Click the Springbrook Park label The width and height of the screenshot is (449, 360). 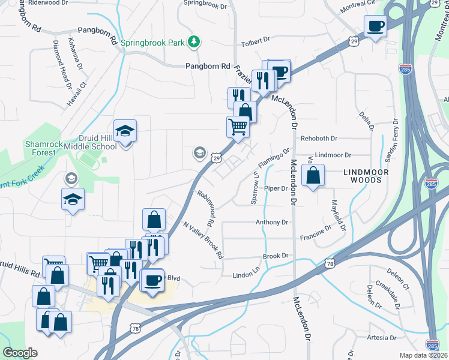(152, 43)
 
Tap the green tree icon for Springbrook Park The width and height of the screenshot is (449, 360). (194, 42)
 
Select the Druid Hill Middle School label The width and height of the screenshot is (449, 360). (91, 142)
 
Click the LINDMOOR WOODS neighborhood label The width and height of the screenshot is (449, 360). (375, 172)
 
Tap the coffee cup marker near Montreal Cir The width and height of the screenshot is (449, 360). (376, 27)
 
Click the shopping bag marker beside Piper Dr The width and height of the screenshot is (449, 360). (313, 176)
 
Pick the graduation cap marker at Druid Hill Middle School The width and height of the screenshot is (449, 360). (125, 131)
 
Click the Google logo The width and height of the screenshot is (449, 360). (20, 353)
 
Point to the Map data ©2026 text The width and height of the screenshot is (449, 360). (423, 355)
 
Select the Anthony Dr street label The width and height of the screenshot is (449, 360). (272, 223)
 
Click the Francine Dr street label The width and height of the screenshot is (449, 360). (316, 232)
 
